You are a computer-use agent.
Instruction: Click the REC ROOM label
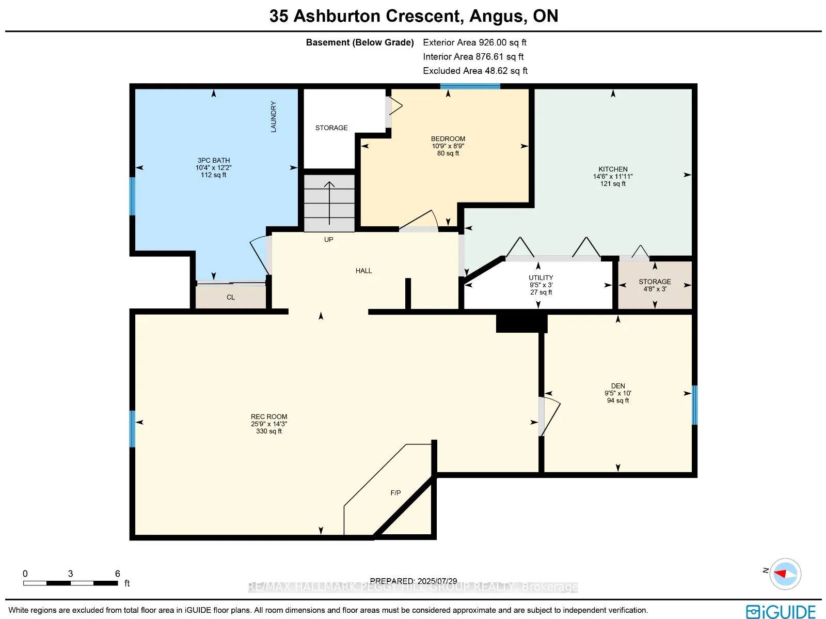click(x=269, y=416)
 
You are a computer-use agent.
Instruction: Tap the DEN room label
click(x=618, y=386)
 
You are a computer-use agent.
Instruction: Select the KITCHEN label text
click(x=613, y=169)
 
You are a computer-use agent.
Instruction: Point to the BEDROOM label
click(x=448, y=138)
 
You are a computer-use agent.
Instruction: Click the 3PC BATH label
click(x=214, y=160)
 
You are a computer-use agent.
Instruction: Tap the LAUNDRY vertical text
click(x=274, y=117)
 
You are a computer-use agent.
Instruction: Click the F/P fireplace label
click(x=395, y=493)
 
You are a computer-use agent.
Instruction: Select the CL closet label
click(x=231, y=297)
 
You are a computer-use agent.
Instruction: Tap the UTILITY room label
click(x=541, y=277)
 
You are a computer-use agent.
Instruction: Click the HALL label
click(x=363, y=271)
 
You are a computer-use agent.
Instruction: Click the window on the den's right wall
click(x=694, y=405)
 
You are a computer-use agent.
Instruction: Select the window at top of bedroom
click(x=470, y=86)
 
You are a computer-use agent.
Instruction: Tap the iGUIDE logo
click(x=781, y=612)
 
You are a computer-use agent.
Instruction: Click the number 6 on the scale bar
click(x=118, y=574)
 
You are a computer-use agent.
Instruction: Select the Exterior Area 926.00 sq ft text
click(x=474, y=42)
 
